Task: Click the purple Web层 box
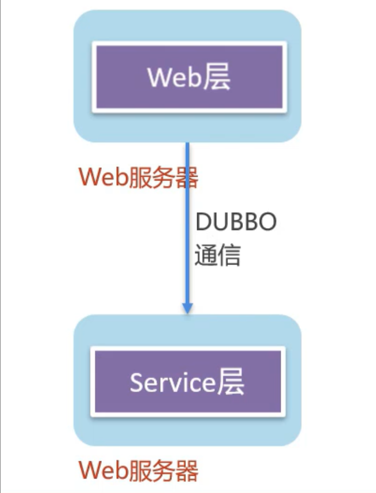(x=188, y=78)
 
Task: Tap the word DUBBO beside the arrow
(x=235, y=222)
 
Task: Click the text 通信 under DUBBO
(x=217, y=256)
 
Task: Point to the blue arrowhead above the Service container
(x=187, y=308)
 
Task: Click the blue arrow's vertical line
(x=187, y=226)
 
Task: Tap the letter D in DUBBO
(x=202, y=222)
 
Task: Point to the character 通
(x=205, y=256)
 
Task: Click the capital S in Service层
(x=136, y=382)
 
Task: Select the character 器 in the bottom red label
(x=186, y=470)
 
